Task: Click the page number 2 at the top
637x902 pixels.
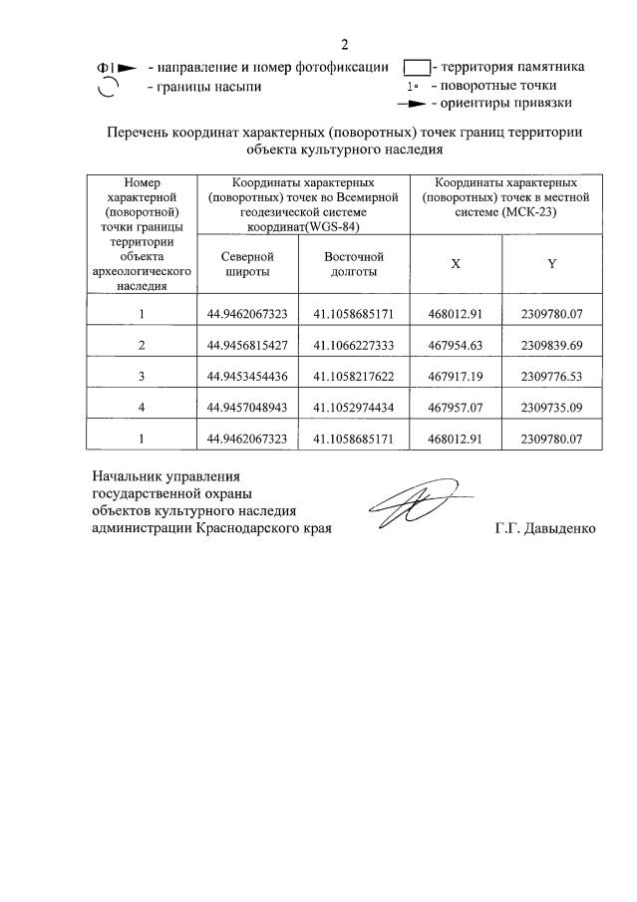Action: pyautogui.click(x=344, y=45)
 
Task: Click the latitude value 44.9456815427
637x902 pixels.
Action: pyautogui.click(x=247, y=345)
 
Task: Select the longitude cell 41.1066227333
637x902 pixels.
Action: pyautogui.click(x=354, y=345)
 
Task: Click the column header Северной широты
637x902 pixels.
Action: pyautogui.click(x=247, y=264)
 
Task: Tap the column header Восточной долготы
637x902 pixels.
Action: pyautogui.click(x=354, y=264)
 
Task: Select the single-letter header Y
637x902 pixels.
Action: pyautogui.click(x=551, y=264)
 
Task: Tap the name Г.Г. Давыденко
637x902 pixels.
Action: pyautogui.click(x=544, y=528)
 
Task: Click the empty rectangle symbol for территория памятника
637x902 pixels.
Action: pyautogui.click(x=416, y=68)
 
